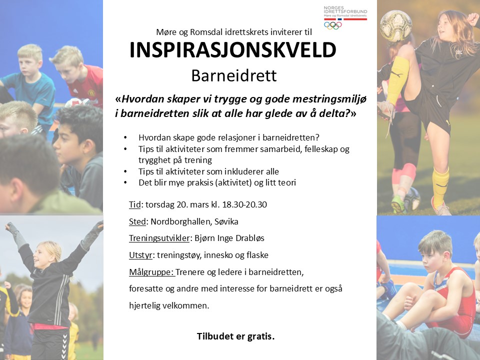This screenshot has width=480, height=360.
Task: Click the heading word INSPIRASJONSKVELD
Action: [x=233, y=50]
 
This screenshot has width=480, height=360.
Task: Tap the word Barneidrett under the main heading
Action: [x=234, y=75]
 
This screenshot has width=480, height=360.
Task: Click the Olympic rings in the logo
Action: [x=333, y=25]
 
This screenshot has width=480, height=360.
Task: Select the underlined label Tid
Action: [x=134, y=204]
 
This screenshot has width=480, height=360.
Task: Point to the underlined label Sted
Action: [x=137, y=221]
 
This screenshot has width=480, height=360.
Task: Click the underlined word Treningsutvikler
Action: [x=159, y=238]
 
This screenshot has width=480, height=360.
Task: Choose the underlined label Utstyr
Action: [x=140, y=255]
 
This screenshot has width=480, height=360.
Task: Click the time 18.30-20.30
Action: [x=244, y=204]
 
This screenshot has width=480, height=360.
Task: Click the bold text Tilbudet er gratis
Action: [x=235, y=336]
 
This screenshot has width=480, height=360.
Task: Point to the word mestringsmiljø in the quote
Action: [x=329, y=99]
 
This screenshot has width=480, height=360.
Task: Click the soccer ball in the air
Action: [x=396, y=25]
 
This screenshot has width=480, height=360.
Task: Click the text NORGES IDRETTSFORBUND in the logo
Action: [x=345, y=10]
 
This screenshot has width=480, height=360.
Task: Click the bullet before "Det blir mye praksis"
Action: [x=125, y=182]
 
